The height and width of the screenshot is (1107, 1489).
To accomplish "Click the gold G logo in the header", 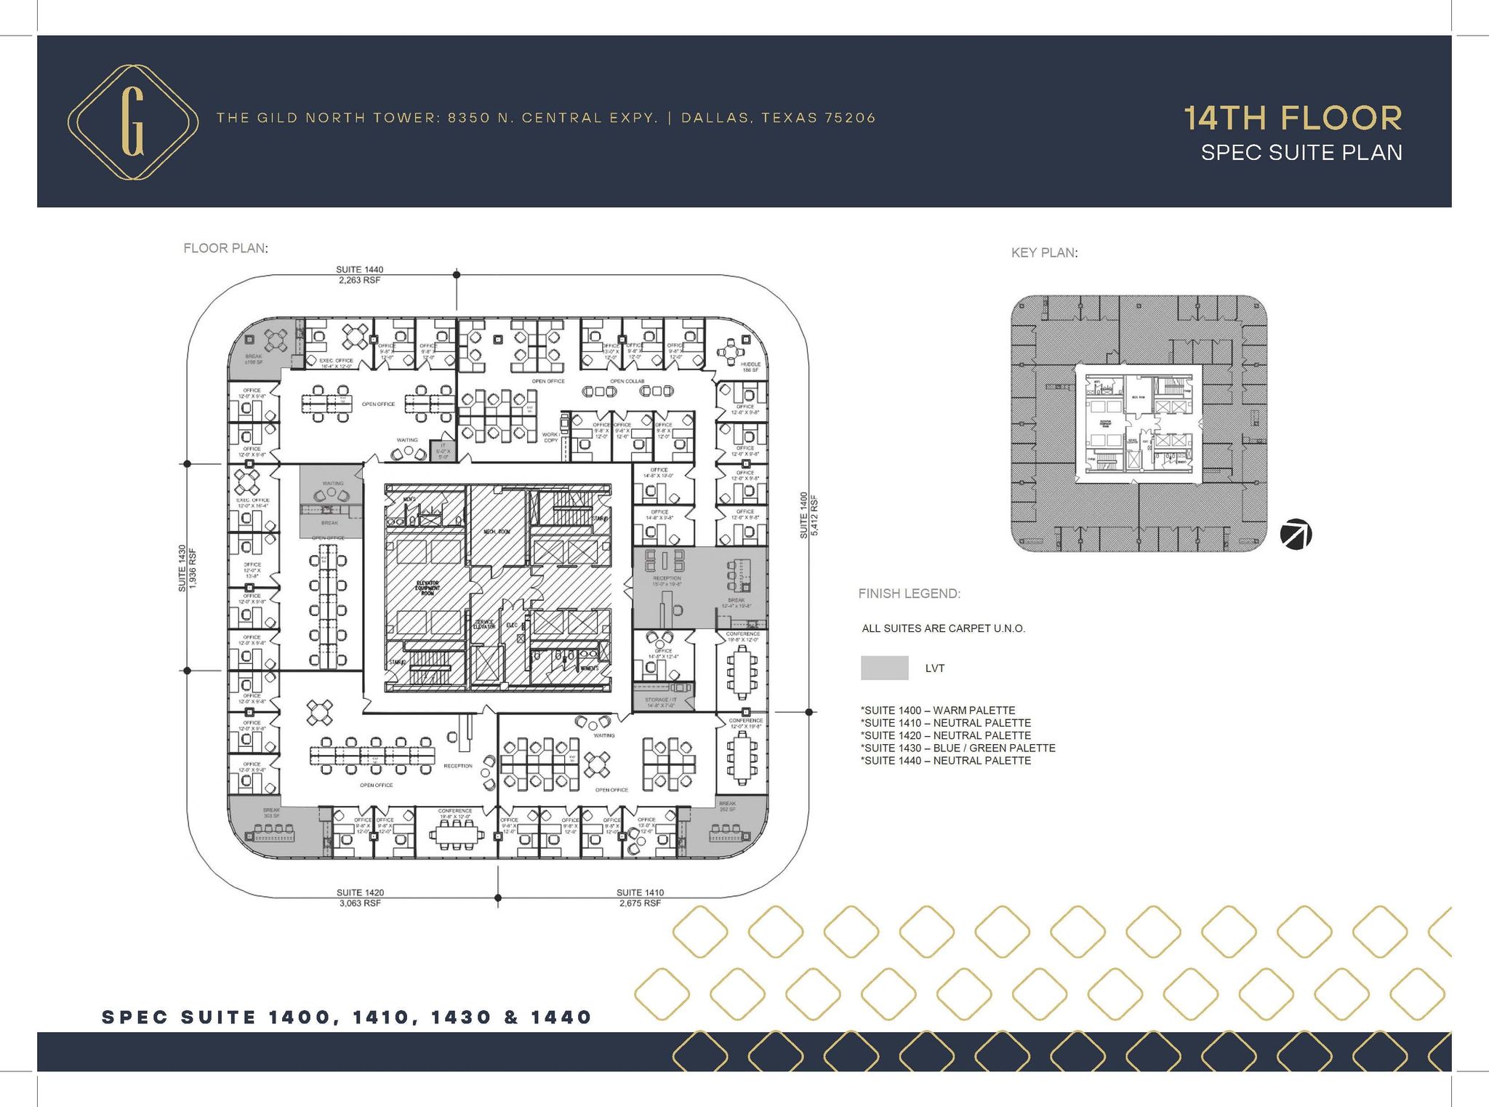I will point(133,121).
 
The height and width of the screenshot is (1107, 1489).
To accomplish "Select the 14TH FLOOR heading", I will point(1293,119).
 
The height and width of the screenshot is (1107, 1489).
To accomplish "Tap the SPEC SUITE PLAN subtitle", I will point(1301,153).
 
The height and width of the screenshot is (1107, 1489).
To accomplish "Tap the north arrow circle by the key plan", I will point(1296,535).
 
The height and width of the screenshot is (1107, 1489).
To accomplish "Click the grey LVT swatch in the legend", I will point(884,668).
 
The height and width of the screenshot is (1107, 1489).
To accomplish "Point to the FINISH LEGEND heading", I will point(909,594).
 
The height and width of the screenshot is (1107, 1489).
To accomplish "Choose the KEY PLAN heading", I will point(1044,253).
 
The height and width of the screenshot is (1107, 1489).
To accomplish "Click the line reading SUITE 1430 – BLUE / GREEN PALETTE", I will point(958,748).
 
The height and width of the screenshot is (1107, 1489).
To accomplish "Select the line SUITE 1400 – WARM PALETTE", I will point(938,710).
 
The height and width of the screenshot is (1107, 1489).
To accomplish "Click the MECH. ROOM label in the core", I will point(497,532).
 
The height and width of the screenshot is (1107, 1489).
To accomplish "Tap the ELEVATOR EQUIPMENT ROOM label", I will point(428,587).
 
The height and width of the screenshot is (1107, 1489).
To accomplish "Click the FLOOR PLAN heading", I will point(225,248).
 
